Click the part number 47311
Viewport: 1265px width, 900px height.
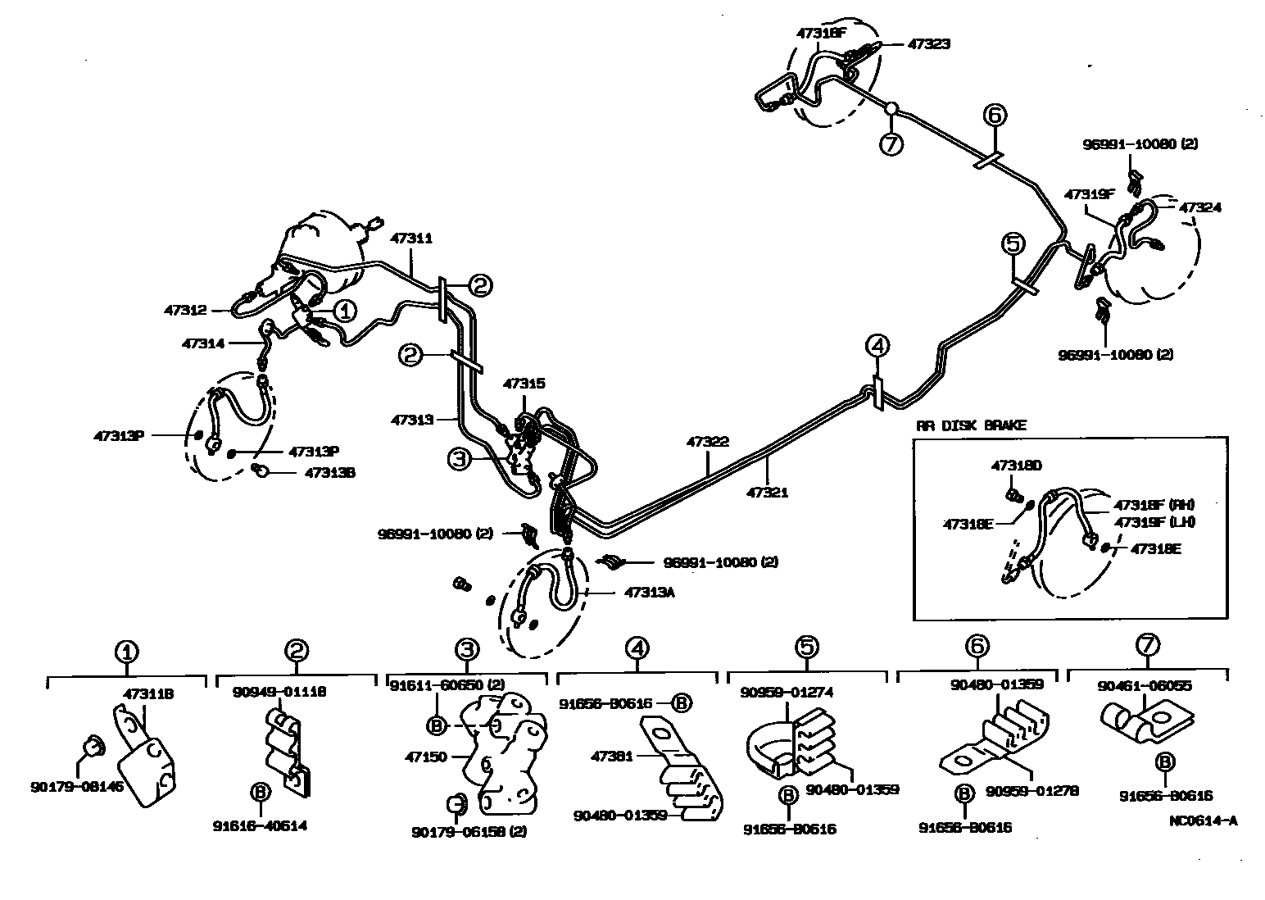pyautogui.click(x=411, y=239)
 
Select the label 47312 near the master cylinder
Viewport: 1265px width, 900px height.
pyautogui.click(x=184, y=310)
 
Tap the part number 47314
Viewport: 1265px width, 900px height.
pyautogui.click(x=202, y=343)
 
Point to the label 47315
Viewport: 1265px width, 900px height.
pyautogui.click(x=524, y=384)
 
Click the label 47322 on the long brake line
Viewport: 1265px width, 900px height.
pyautogui.click(x=708, y=442)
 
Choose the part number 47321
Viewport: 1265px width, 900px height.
pyautogui.click(x=768, y=493)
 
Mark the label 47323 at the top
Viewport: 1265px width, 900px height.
pyautogui.click(x=929, y=44)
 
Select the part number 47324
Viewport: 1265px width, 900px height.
pyautogui.click(x=1200, y=207)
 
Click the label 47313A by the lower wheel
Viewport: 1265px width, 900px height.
pyautogui.click(x=650, y=591)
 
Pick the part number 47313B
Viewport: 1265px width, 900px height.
pyautogui.click(x=330, y=472)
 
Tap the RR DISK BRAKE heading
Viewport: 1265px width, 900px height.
pyautogui.click(x=971, y=425)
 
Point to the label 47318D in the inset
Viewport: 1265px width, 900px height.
pyautogui.click(x=1017, y=465)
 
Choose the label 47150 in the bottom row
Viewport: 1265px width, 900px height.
pyautogui.click(x=425, y=757)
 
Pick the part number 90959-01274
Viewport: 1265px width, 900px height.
pyautogui.click(x=787, y=692)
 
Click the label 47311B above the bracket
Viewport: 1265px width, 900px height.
pyautogui.click(x=148, y=693)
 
